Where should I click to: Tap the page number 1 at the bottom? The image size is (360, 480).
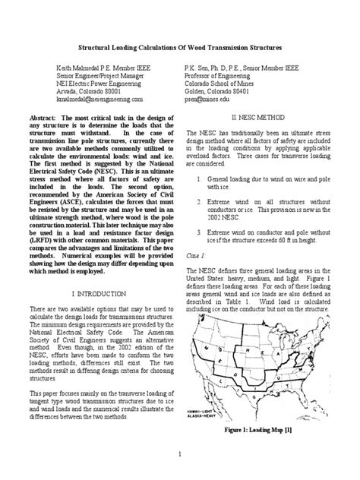179,454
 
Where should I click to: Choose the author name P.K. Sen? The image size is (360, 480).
199,68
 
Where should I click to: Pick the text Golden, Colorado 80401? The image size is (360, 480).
219,90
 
